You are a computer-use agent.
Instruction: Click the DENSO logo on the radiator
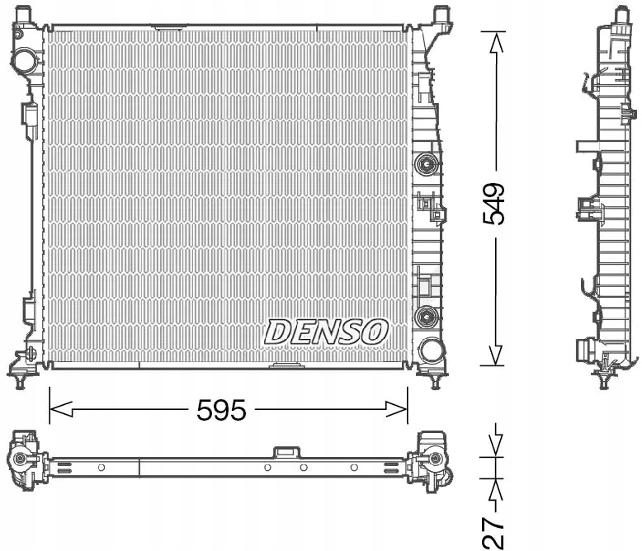326,332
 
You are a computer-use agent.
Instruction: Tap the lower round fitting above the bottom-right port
426,316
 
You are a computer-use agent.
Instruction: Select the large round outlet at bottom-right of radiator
430,350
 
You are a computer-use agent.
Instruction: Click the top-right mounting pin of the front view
441,15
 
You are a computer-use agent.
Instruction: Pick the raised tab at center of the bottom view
286,452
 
